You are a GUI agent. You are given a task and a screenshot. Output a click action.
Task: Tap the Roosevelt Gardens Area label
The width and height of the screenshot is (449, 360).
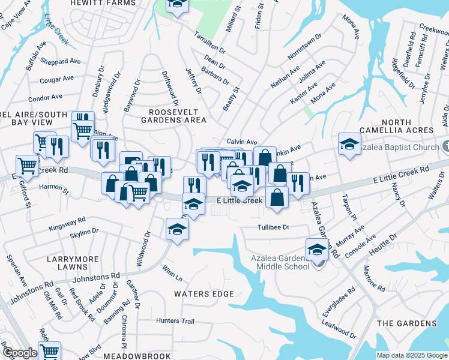coord(178,116)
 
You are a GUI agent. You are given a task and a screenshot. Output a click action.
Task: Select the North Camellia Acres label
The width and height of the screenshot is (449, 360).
coord(396,125)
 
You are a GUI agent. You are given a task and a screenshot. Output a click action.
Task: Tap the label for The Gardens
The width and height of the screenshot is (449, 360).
coord(406,323)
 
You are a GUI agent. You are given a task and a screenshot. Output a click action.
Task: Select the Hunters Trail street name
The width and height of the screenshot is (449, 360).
coord(175,321)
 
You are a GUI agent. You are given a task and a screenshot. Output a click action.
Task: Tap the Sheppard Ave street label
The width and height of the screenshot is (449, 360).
coord(60,61)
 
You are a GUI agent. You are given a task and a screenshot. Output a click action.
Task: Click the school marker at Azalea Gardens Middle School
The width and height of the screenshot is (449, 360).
coord(316,248)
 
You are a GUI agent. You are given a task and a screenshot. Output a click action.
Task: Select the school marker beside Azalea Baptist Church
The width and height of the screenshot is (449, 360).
coord(349,143)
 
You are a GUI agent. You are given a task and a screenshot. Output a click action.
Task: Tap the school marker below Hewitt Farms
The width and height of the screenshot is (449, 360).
coord(177,5)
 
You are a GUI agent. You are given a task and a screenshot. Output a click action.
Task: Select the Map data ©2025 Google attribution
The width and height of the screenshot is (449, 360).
coord(412,355)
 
